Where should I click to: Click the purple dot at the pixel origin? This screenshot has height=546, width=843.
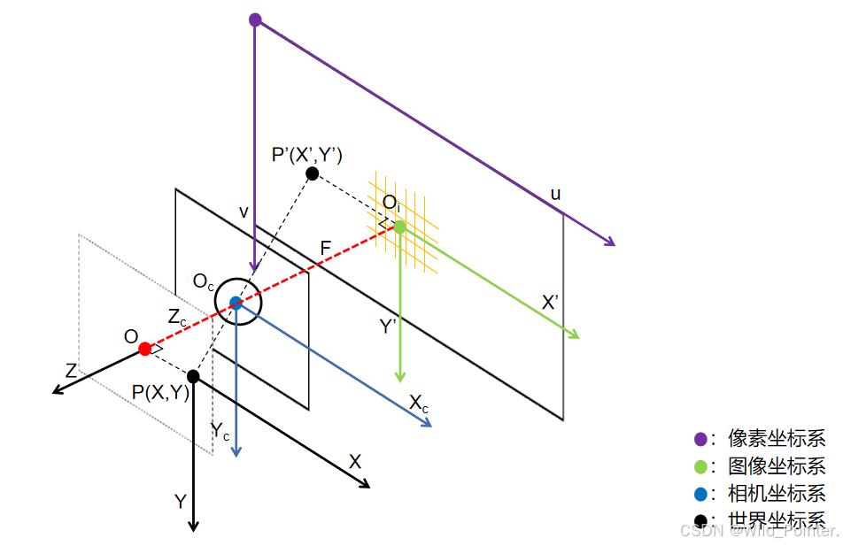pos(255,19)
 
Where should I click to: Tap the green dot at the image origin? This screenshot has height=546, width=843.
pos(400,227)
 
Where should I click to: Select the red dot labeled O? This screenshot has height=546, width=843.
pos(145,349)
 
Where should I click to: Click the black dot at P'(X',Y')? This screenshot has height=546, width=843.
pos(312,173)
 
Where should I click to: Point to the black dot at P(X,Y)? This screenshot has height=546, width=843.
pos(193,376)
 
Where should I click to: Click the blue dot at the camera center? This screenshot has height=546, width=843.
pos(236,303)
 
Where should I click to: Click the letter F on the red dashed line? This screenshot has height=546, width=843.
pos(325,249)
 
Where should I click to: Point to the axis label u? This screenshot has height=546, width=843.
pos(555,194)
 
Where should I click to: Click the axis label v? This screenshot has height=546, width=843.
pos(244,211)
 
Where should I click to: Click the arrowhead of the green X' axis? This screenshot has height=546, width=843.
pos(575,335)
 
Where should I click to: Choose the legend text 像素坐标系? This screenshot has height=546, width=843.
pos(776,438)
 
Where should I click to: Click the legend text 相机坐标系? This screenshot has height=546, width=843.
pos(776,493)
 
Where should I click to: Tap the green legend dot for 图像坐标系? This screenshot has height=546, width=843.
pos(701,465)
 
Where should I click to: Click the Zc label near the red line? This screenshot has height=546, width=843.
pos(177,318)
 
